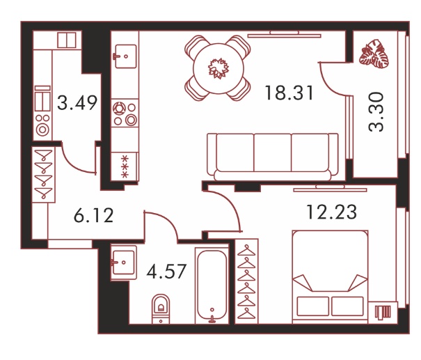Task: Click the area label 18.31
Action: [x=289, y=93]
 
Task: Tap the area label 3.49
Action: [x=77, y=103]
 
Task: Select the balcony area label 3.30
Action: [x=376, y=112]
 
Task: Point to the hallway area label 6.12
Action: [x=93, y=215]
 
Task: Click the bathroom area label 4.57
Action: [x=166, y=271]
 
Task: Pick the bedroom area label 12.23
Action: [x=332, y=212]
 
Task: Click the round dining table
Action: [x=219, y=68]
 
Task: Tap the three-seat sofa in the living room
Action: [x=273, y=157]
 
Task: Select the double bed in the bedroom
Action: [x=331, y=276]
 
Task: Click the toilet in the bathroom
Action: [x=161, y=308]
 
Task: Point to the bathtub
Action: [x=212, y=286]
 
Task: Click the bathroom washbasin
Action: [x=123, y=263]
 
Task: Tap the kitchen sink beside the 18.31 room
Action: [x=125, y=56]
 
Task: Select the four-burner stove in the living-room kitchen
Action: [x=125, y=114]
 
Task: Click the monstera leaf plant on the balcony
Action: [x=374, y=54]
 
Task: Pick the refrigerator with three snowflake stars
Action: [x=125, y=166]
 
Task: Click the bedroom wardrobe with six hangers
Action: [x=246, y=281]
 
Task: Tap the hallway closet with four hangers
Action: [x=44, y=174]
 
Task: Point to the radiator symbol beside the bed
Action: [x=383, y=313]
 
